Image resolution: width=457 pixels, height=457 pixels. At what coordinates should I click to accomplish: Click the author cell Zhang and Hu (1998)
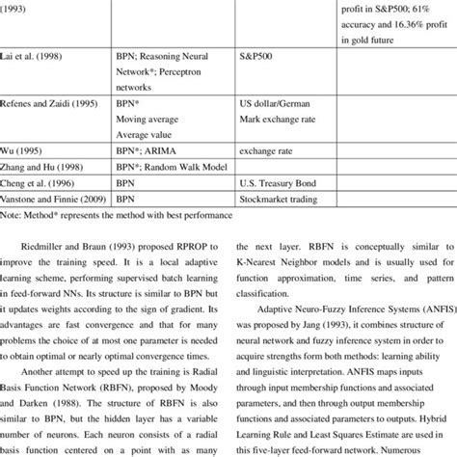(x=47, y=167)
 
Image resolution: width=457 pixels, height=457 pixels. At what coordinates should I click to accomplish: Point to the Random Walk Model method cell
(x=173, y=167)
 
